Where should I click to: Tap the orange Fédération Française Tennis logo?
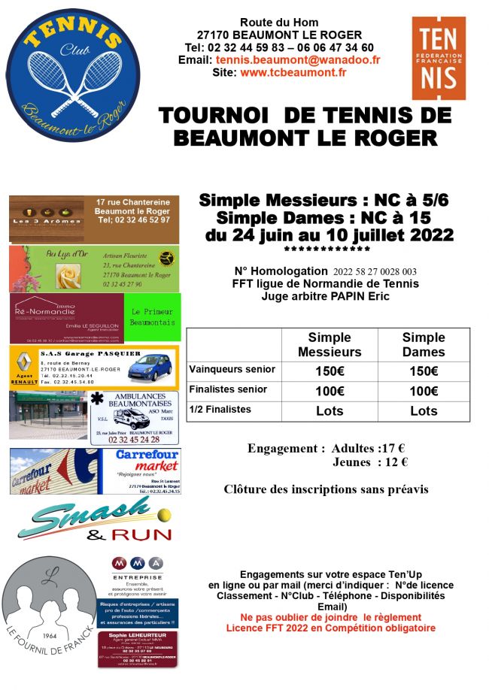click(x=438, y=59)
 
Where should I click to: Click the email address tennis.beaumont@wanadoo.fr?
click(x=298, y=60)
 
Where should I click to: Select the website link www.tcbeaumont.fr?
click(x=293, y=73)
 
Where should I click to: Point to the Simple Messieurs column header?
click(x=330, y=345)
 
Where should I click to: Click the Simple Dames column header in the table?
click(x=424, y=345)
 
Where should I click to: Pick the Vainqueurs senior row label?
click(x=232, y=370)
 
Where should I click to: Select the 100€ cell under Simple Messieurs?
click(x=330, y=391)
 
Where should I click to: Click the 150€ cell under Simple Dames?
click(x=424, y=371)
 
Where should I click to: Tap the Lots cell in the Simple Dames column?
click(x=424, y=411)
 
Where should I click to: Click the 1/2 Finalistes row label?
click(x=220, y=410)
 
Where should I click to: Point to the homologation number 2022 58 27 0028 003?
click(x=374, y=271)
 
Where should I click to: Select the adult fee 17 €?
click(x=391, y=449)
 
